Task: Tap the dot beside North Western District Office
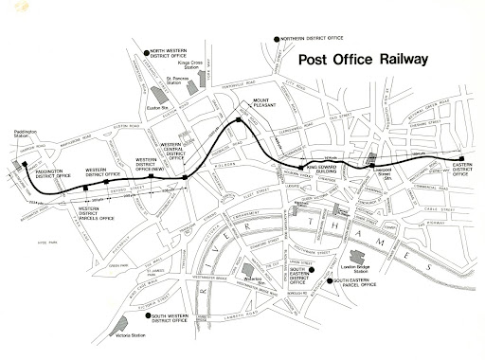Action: coord(135,53)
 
